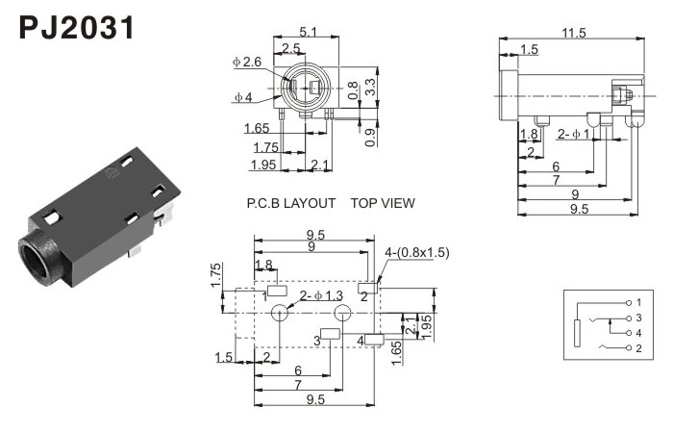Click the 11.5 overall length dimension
click(x=574, y=33)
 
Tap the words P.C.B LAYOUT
click(x=291, y=203)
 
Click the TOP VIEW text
click(x=383, y=203)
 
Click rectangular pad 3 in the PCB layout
click(x=329, y=334)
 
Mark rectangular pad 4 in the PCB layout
click(x=374, y=340)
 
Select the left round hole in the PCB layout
click(x=282, y=313)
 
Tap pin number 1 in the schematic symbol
click(x=637, y=302)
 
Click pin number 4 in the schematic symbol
click(x=637, y=332)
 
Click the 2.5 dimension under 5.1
click(x=291, y=48)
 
